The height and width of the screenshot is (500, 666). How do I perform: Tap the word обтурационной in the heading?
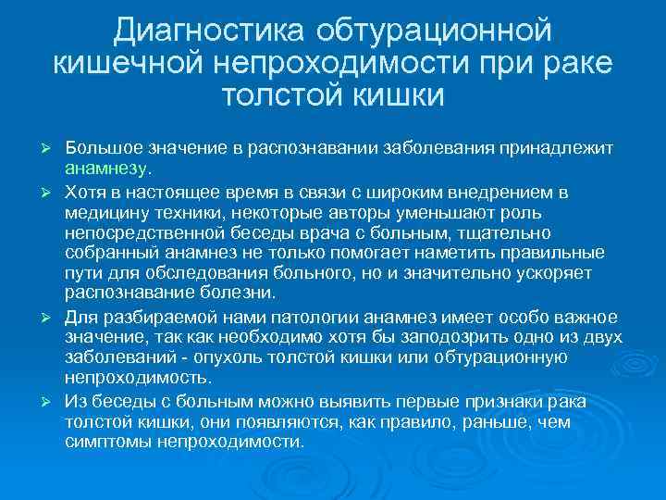(x=434, y=31)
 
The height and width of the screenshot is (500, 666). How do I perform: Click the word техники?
(x=175, y=212)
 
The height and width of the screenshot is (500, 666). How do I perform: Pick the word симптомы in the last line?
(x=105, y=442)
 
